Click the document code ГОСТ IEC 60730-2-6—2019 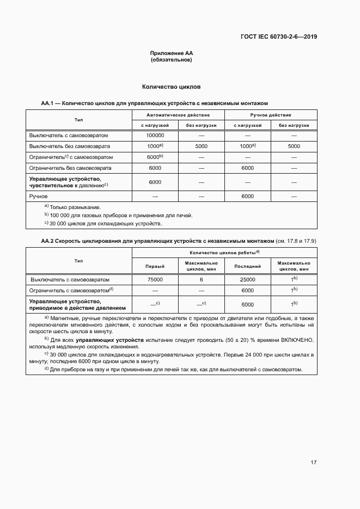click(278, 37)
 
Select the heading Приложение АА click(172, 53)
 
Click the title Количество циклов click(172, 87)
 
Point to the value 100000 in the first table click(155, 135)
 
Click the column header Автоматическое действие click(178, 115)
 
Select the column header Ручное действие click(271, 115)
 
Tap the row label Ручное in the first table click(39, 196)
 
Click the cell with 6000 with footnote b click(155, 157)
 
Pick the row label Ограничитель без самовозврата click(70, 168)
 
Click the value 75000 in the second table click(155, 279)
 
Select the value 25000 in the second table click(247, 279)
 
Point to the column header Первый click(155, 266)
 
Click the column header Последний click(247, 266)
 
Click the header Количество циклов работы click(224, 253)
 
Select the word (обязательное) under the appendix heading click(172, 60)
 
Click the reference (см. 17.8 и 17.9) click(297, 240)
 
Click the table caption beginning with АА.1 click(154, 103)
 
